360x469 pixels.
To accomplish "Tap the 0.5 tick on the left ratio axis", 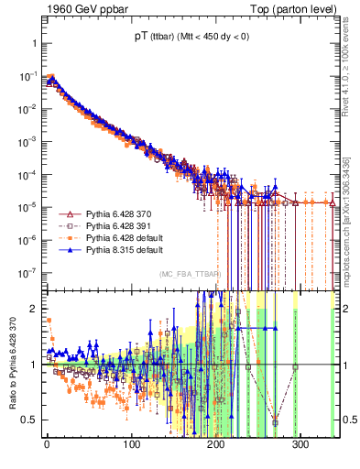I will pos(28,420).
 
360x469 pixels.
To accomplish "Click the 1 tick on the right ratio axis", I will pos(346,364).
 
